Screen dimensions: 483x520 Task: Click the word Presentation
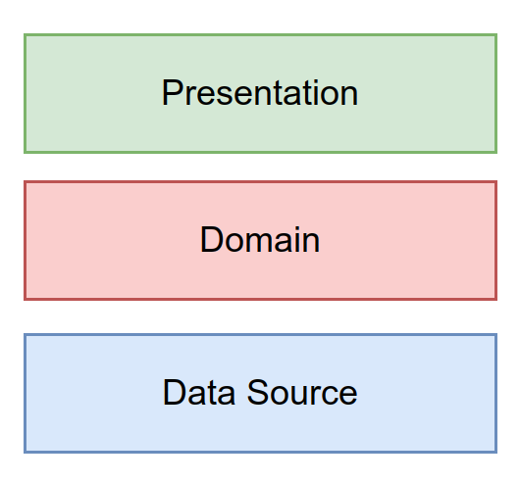coord(260,94)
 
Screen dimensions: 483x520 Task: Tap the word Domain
coord(260,240)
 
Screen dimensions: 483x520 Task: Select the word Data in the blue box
coord(194,393)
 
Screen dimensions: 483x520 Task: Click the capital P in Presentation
coord(172,94)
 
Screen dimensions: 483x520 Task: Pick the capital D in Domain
coord(210,240)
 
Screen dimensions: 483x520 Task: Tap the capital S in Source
coord(245,393)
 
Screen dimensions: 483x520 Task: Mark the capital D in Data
coord(173,393)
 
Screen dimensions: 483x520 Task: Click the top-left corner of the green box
coord(26,35)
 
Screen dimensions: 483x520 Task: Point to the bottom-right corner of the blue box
coord(495,452)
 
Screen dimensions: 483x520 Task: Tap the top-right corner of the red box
coord(495,182)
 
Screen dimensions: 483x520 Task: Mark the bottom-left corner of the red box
coord(26,298)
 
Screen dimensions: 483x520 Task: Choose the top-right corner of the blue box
coord(495,335)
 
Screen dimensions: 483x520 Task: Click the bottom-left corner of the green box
coord(26,152)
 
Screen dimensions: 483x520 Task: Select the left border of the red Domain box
coord(26,240)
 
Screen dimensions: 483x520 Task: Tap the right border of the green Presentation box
coord(495,94)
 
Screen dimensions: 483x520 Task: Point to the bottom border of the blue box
coord(260,452)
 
